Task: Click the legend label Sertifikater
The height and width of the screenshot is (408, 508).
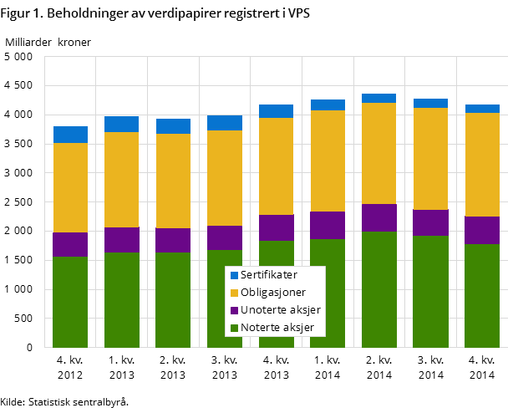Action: click(268, 275)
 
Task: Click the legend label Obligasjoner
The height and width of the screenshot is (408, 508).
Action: click(272, 293)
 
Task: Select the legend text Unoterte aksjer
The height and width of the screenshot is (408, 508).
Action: click(280, 310)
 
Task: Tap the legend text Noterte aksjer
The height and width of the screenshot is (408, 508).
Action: click(277, 328)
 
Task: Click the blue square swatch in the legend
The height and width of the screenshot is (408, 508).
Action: click(234, 275)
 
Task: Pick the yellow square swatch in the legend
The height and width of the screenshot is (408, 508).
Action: click(234, 293)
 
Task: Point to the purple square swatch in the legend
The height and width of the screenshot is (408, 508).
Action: click(234, 310)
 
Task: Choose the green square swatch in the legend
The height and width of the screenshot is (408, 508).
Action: click(234, 328)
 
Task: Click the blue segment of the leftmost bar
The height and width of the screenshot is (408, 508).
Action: click(70, 135)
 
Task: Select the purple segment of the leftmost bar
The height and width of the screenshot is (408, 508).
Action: click(70, 244)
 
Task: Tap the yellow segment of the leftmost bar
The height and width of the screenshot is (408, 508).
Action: click(70, 187)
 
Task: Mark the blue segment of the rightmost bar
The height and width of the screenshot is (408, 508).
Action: click(482, 109)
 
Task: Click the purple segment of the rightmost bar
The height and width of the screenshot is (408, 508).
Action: click(482, 230)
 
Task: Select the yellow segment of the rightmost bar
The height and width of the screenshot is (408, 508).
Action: click(482, 165)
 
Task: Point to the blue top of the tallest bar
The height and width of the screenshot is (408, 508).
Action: click(379, 98)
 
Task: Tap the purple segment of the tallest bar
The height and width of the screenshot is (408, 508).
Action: click(379, 217)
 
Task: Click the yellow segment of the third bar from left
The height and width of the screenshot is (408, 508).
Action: click(173, 181)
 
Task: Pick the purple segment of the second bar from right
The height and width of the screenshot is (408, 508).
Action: click(430, 222)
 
